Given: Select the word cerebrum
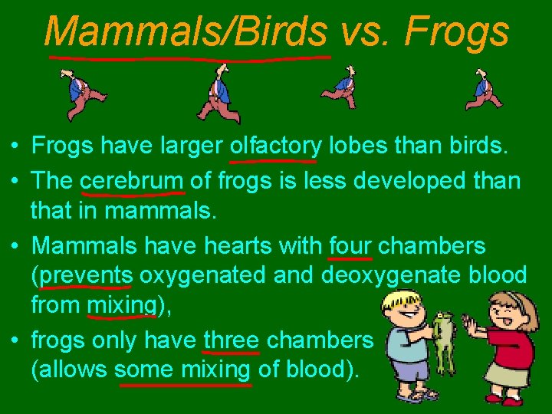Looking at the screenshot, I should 132,181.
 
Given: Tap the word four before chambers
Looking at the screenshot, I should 350,246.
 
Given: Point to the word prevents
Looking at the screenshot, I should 87,275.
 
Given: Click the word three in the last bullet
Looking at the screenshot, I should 232,340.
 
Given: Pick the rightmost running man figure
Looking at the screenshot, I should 484,90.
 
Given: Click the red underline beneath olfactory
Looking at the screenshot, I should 273,162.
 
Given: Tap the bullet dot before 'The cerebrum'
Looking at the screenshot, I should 16,182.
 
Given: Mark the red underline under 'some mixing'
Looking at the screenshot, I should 185,385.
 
